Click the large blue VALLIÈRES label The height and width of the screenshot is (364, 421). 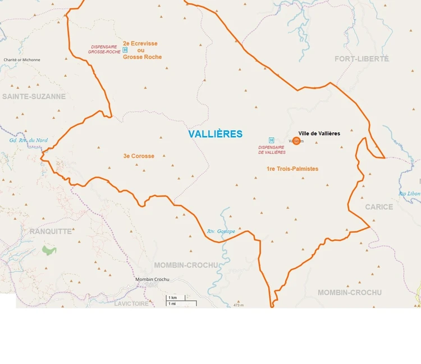tap(216, 134)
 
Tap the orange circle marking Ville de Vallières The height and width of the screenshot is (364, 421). tap(296, 141)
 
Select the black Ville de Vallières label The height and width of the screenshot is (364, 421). tap(319, 133)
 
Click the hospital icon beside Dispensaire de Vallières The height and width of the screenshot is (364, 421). tap(272, 140)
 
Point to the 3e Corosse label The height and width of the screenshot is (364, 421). tap(139, 156)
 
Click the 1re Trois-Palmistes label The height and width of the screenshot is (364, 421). tap(292, 169)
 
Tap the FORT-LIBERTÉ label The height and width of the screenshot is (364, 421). tap(361, 59)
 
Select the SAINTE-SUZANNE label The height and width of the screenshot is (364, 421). tap(34, 96)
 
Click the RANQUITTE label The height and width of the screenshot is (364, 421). tap(51, 231)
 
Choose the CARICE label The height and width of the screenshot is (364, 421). tap(379, 207)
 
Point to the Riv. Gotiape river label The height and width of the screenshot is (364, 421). tap(221, 231)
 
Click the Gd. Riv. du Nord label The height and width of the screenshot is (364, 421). tap(29, 140)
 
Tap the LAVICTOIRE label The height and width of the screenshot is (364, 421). tap(131, 304)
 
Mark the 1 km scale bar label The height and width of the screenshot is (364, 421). tap(173, 297)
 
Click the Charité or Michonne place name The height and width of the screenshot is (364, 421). tap(22, 59)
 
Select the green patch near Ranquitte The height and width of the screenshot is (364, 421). tap(49, 250)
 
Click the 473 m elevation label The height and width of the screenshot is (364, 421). tap(239, 305)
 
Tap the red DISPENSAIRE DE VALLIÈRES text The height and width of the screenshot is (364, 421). tap(272, 150)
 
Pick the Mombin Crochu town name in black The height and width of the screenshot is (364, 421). tap(152, 279)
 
